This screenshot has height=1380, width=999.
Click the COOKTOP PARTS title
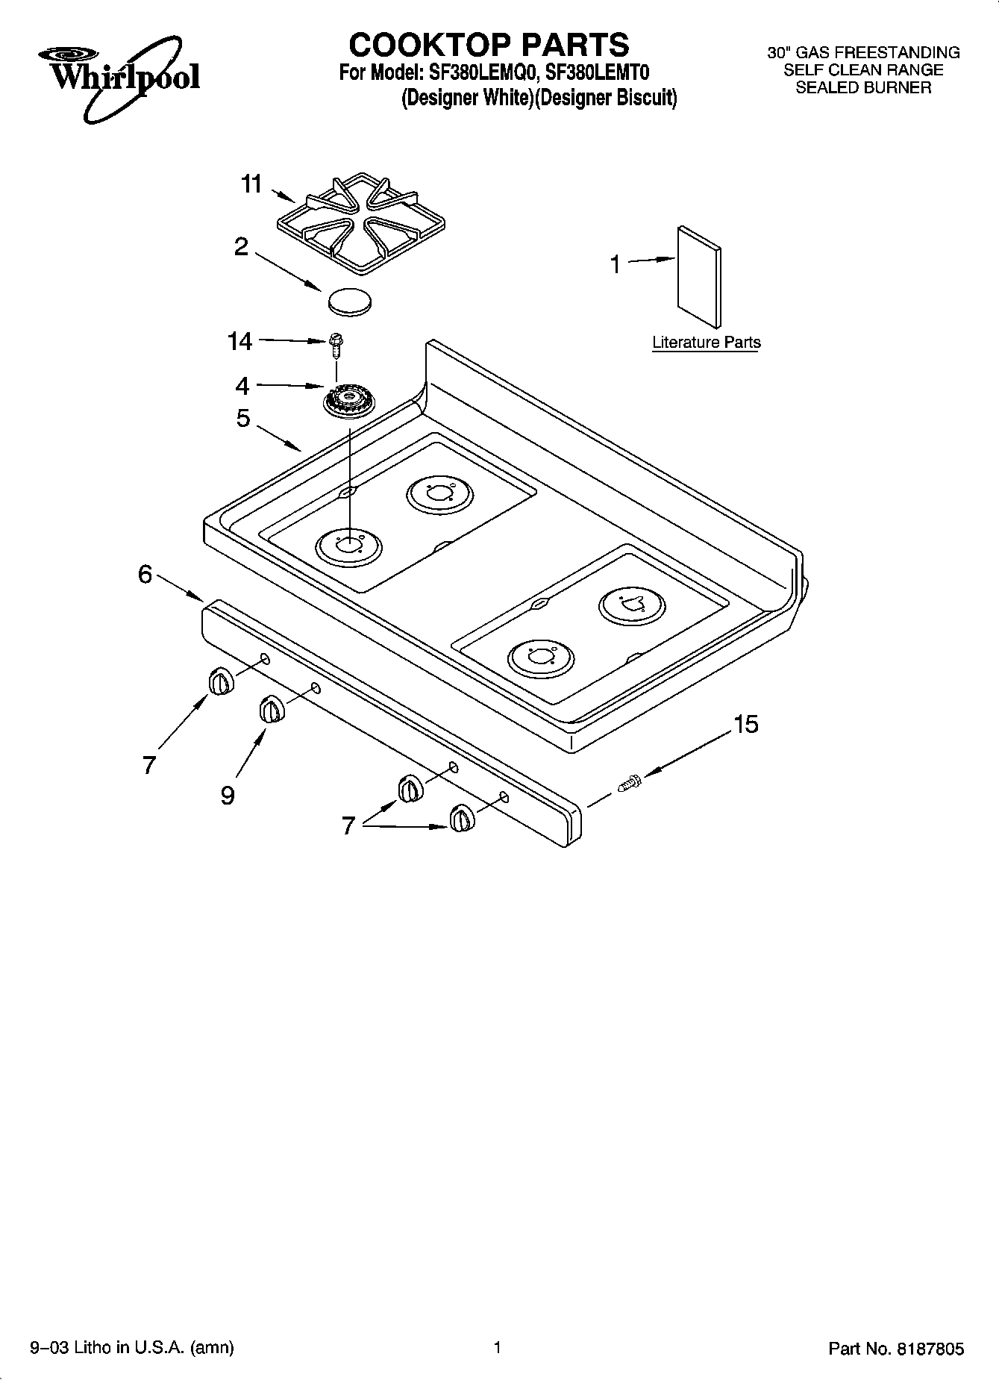(489, 45)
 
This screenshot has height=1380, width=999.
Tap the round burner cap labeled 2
(349, 300)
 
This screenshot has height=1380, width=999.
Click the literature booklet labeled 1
(699, 276)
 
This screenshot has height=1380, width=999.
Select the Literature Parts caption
(706, 343)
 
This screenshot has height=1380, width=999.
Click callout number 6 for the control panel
(145, 574)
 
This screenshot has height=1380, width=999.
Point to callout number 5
(243, 418)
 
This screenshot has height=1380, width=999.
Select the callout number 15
(745, 723)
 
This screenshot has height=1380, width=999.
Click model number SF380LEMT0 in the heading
(598, 73)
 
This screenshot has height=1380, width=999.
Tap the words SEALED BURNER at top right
(863, 87)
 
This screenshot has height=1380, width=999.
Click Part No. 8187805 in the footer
(896, 1349)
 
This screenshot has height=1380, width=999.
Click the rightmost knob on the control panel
(460, 819)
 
